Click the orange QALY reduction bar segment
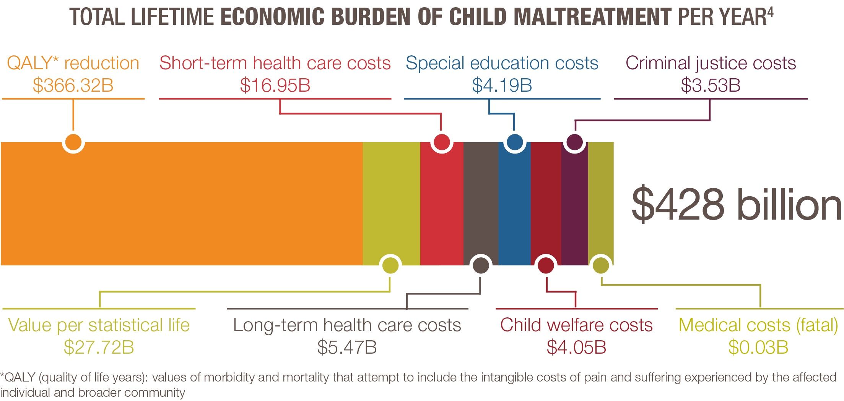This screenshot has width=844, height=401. pyautogui.click(x=182, y=204)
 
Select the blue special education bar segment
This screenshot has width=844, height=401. pyautogui.click(x=514, y=204)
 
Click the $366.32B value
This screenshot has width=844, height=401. pyautogui.click(x=73, y=85)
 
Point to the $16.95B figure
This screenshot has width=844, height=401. pyautogui.click(x=275, y=85)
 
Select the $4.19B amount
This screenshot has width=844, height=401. pyautogui.click(x=502, y=85)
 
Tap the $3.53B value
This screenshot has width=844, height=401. pyautogui.click(x=711, y=85)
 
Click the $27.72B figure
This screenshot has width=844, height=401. pyautogui.click(x=99, y=348)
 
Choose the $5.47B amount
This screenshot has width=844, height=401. pyautogui.click(x=347, y=348)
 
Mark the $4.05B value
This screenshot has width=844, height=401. pyautogui.click(x=576, y=348)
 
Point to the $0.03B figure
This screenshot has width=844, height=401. pyautogui.click(x=758, y=348)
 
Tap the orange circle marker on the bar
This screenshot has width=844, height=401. pyautogui.click(x=73, y=142)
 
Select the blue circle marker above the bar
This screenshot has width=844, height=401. pyautogui.click(x=514, y=142)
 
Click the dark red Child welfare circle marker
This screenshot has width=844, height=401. pyautogui.click(x=546, y=265)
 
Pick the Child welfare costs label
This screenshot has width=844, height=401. pyautogui.click(x=576, y=325)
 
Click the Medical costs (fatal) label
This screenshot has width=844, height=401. pyautogui.click(x=758, y=325)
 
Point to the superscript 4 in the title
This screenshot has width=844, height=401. pyautogui.click(x=770, y=12)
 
